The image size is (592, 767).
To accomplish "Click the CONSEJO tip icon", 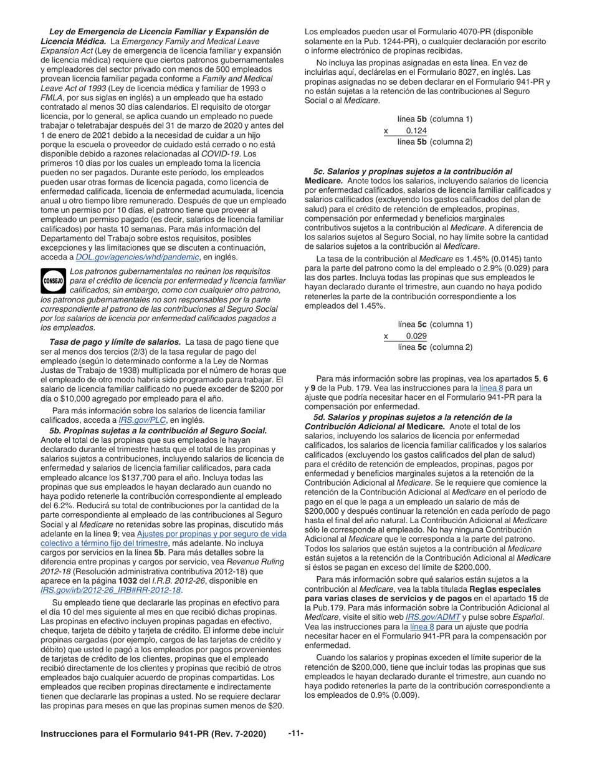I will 53,281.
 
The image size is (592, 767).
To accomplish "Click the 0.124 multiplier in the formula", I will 416,130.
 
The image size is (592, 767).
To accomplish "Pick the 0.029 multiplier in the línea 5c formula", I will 416,335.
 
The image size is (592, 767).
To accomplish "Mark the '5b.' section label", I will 55,430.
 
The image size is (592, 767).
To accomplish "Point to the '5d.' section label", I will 320,417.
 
